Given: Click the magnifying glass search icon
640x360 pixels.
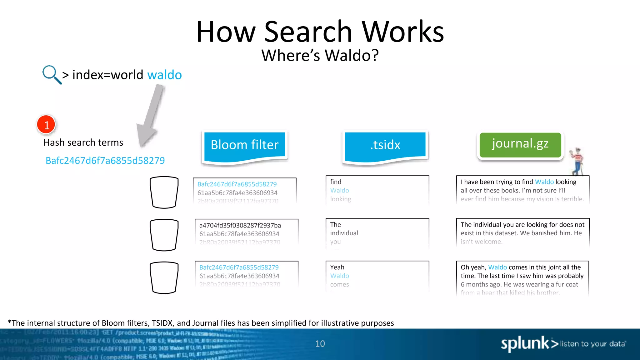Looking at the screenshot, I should (x=51, y=74).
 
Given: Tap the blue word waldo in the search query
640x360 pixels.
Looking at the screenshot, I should (x=164, y=75).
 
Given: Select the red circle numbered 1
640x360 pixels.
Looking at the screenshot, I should (x=46, y=124).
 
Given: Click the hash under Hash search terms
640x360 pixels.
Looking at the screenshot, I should (x=105, y=160).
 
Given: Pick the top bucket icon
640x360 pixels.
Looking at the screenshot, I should (x=164, y=192).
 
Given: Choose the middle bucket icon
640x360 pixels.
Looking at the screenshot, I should (x=164, y=235).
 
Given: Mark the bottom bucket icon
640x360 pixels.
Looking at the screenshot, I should (x=164, y=277).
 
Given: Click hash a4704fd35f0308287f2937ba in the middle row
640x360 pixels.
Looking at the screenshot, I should (x=240, y=225).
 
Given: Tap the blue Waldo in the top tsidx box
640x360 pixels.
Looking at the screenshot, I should (x=339, y=190).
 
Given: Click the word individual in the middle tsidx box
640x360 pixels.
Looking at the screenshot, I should (x=344, y=233).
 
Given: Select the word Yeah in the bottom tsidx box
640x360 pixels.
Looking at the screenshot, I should (x=337, y=267).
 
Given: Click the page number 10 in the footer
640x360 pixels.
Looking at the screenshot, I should (x=320, y=344).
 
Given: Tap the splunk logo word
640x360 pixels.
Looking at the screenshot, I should (x=525, y=344).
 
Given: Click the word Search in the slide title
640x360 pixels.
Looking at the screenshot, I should (x=308, y=32).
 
